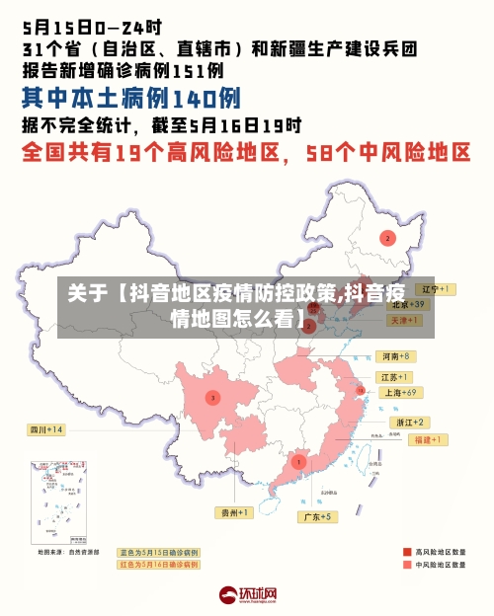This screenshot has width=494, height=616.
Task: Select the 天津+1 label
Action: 406,321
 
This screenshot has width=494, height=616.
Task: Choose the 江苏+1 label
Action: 394,377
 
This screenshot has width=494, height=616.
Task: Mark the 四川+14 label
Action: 45,429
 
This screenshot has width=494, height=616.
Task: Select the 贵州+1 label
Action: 235,512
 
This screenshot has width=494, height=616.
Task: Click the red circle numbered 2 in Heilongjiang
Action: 387,237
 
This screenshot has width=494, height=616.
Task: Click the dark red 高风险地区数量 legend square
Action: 407,552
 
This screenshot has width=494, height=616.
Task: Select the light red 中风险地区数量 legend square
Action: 407,566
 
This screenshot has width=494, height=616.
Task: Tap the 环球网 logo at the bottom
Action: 247,595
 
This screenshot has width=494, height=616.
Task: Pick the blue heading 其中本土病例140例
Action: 130,98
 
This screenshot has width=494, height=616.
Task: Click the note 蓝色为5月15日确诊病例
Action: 158,552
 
